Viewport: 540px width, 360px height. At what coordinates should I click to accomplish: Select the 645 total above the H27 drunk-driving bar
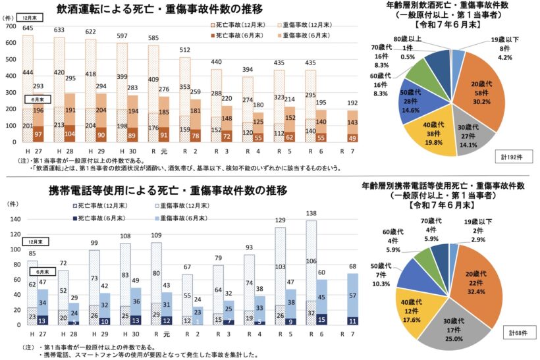point(28,29)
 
